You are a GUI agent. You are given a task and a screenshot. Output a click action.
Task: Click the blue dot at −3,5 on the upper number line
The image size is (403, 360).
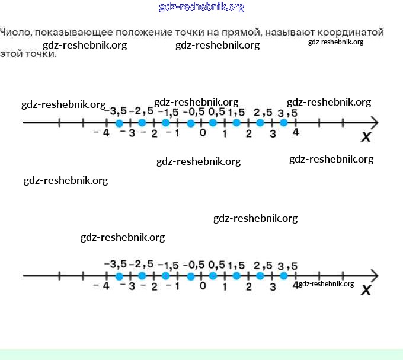(119, 123)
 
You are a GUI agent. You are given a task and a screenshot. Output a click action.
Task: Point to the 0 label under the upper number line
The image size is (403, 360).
(203, 133)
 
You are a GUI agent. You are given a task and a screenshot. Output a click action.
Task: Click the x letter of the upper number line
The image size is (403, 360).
(366, 138)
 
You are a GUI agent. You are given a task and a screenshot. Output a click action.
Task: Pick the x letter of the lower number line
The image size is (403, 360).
(366, 290)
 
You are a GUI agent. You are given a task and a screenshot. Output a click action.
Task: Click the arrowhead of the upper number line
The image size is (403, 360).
(374, 123)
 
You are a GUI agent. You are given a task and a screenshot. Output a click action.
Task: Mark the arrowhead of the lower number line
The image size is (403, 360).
(374, 276)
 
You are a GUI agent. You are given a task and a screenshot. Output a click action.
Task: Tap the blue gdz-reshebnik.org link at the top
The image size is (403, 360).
(201, 7)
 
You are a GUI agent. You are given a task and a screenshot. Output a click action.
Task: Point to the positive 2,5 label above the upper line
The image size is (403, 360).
(263, 113)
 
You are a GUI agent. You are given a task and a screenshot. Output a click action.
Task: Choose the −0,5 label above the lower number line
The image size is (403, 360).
(194, 265)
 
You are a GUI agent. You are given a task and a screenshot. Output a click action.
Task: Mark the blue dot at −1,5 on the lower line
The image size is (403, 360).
(166, 276)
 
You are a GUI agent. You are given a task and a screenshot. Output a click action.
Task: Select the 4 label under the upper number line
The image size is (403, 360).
(296, 132)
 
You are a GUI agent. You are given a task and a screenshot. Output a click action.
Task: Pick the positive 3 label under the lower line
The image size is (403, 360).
(273, 287)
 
